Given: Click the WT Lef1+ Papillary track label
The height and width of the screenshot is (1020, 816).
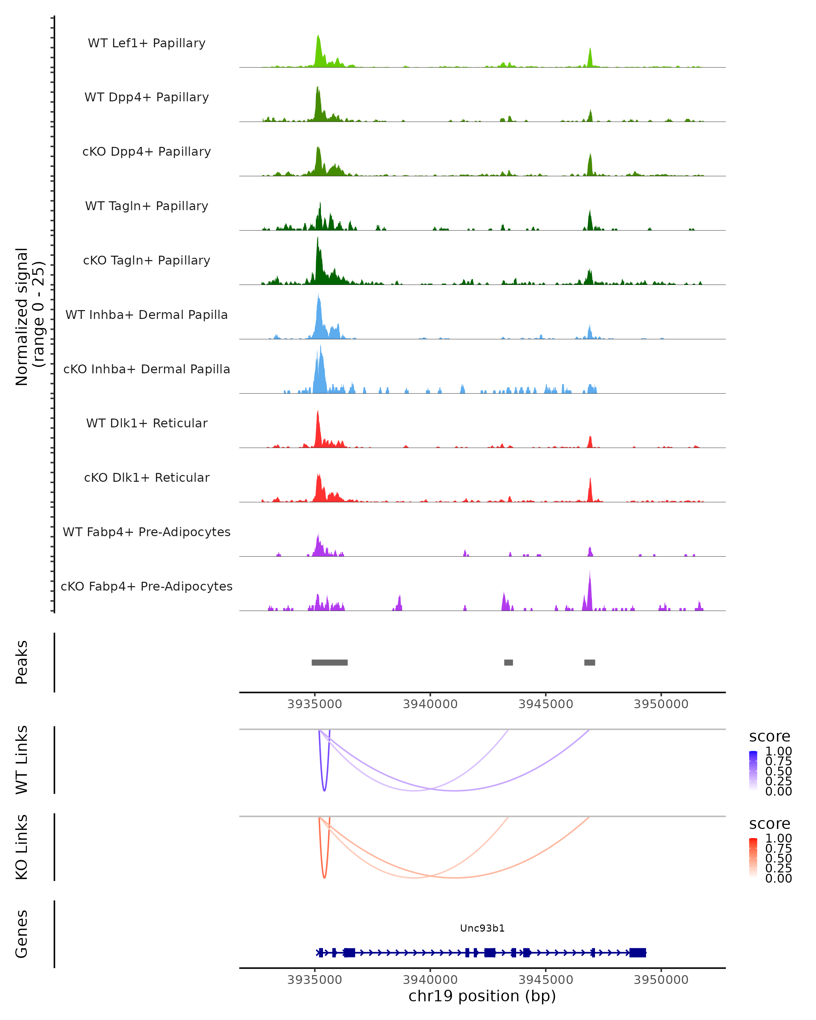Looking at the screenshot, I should tap(147, 43).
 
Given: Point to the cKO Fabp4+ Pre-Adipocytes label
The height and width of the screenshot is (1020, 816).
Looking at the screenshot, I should tap(147, 586).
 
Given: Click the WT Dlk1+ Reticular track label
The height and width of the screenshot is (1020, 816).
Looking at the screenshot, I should tap(147, 423).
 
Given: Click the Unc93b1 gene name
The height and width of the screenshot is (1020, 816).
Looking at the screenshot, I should tap(482, 928).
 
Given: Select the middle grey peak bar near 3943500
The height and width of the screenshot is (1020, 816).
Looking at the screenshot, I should tap(509, 662).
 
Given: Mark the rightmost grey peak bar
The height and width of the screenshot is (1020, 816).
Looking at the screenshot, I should tap(590, 662).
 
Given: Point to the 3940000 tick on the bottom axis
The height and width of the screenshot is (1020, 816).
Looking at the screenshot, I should tap(430, 979).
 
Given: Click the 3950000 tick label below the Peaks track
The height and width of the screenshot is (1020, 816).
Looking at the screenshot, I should tap(661, 704).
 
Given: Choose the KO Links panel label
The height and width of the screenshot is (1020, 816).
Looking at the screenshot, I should tap(22, 847).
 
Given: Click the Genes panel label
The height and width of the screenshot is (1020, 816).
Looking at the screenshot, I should tap(22, 934).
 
